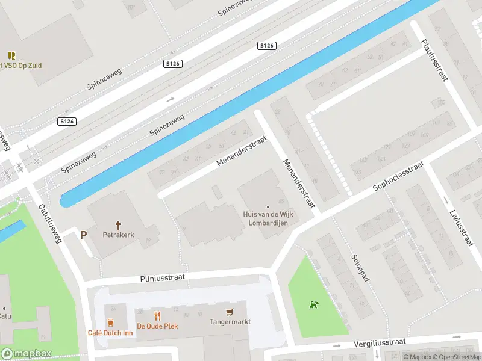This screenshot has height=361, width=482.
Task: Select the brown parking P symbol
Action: tap(84, 235)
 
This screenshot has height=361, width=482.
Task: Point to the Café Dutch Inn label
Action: tap(110, 333)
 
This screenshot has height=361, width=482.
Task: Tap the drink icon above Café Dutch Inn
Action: tap(110, 322)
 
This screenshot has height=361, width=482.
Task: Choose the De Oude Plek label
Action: tap(157, 326)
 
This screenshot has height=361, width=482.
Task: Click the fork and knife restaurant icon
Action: tap(157, 315)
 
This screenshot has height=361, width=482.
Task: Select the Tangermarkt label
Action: tap(230, 322)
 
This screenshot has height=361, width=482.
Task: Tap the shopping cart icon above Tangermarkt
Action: tap(229, 312)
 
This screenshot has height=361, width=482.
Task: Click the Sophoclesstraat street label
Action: tap(398, 176)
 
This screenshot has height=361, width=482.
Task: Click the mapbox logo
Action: tap(27, 353)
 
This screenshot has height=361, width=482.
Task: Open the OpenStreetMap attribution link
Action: tap(455, 357)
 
